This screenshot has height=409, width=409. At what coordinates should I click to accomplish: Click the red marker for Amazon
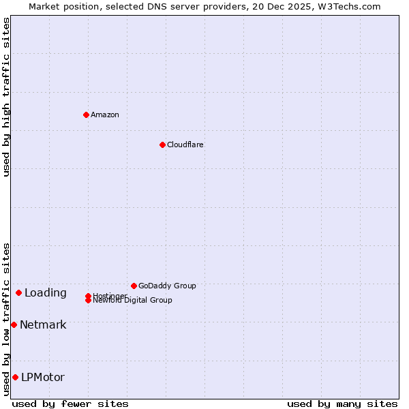(86, 115)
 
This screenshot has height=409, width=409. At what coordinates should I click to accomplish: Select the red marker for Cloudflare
(162, 145)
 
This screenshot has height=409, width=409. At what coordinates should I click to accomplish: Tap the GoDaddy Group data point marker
(134, 286)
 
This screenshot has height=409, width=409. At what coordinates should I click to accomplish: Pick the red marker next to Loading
(18, 292)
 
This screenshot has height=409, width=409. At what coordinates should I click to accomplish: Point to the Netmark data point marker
(14, 324)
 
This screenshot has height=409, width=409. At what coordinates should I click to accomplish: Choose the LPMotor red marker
(15, 377)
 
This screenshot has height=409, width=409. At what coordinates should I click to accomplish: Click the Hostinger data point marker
(88, 296)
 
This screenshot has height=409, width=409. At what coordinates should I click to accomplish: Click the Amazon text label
(105, 115)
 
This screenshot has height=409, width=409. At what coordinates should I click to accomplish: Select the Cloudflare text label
(185, 145)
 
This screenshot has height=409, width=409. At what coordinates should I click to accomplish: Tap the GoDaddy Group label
(167, 286)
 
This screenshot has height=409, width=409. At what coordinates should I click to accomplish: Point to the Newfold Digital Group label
(132, 301)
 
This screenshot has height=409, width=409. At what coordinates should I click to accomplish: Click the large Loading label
(46, 293)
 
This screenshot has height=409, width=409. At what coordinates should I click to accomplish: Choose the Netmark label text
(43, 325)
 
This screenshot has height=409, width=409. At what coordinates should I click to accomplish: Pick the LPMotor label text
(43, 378)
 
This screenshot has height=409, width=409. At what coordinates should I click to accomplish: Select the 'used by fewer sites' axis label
(70, 404)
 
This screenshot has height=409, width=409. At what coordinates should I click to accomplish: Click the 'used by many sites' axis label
(342, 404)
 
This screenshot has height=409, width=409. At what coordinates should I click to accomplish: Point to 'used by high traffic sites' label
(6, 97)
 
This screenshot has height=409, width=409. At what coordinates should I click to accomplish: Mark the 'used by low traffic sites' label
(6, 318)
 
